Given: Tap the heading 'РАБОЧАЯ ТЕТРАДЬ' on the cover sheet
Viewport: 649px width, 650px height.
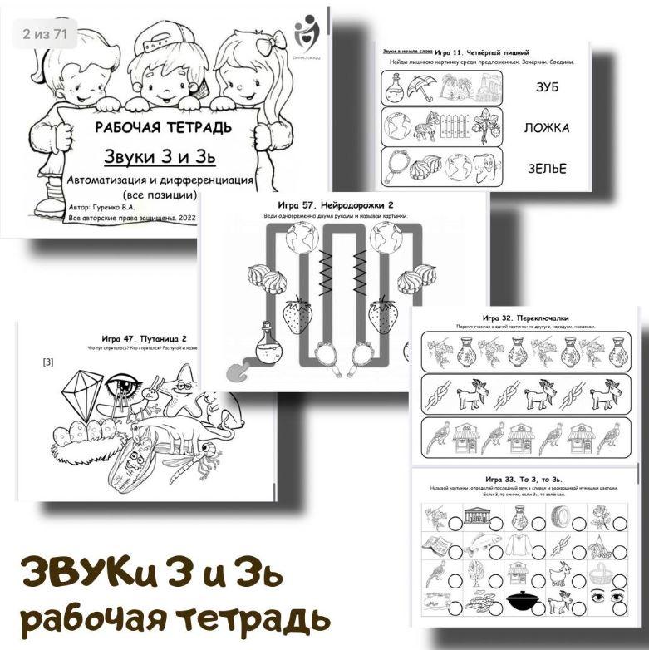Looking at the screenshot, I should point(163,128).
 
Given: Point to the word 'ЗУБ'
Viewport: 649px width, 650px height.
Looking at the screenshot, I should point(545,86).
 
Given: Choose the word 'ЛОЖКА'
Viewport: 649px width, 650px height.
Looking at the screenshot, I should point(546,128).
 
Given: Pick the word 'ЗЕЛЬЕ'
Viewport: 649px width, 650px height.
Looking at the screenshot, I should point(546,169).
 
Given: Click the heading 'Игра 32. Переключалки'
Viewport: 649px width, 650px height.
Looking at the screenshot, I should point(524,318).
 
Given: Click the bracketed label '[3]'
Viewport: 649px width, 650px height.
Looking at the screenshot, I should point(48,362).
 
